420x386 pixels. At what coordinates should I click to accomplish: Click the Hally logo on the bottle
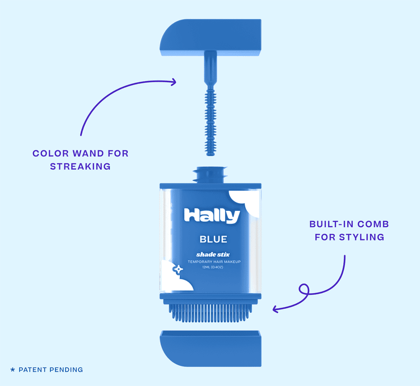point(212,215)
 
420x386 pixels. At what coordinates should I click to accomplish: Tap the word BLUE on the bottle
point(213,239)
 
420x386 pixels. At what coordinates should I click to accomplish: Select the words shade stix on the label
point(213,255)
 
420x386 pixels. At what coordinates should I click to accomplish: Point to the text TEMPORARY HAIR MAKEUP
point(214,262)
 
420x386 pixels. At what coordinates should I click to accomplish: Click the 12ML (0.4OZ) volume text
point(213,267)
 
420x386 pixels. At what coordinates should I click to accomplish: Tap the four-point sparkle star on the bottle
point(178,270)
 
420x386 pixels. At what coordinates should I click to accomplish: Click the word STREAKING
point(80,166)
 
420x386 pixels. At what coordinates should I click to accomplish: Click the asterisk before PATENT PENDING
point(12,370)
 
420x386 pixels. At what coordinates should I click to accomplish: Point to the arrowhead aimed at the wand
point(174,82)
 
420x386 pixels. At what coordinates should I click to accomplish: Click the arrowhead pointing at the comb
point(276,309)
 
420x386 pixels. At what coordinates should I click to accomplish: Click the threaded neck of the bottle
point(211,175)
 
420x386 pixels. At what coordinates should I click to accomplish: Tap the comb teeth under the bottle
point(211,313)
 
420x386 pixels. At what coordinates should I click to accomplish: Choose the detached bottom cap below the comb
point(211,349)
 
